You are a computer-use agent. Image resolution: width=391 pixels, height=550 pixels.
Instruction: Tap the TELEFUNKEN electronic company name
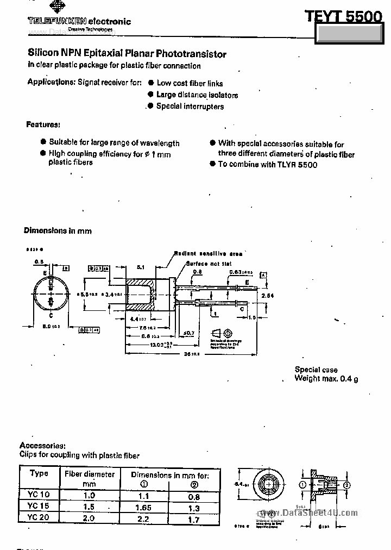tap(79, 21)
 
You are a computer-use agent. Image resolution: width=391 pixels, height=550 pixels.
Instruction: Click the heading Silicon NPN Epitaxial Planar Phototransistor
tap(127, 54)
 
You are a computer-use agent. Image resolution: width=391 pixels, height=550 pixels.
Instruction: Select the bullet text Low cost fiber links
tap(190, 83)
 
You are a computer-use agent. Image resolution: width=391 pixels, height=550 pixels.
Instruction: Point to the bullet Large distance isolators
tap(197, 95)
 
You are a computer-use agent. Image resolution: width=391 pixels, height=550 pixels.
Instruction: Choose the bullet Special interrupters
tap(190, 106)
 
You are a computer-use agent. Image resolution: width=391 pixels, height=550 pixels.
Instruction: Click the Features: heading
tap(43, 124)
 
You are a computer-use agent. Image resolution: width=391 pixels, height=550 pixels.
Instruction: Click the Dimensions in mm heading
tap(58, 230)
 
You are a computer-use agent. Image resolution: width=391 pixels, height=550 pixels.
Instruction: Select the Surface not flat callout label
tap(209, 264)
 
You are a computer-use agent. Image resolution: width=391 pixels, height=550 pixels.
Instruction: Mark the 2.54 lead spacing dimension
tap(268, 295)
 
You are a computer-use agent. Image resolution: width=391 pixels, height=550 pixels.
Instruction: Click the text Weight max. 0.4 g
tap(326, 378)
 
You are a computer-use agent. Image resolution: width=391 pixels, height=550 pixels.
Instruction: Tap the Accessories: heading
tap(42, 445)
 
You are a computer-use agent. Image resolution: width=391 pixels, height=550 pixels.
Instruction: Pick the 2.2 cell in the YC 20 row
tap(144, 518)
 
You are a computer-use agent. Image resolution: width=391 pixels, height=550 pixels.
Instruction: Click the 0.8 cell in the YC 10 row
tap(194, 496)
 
